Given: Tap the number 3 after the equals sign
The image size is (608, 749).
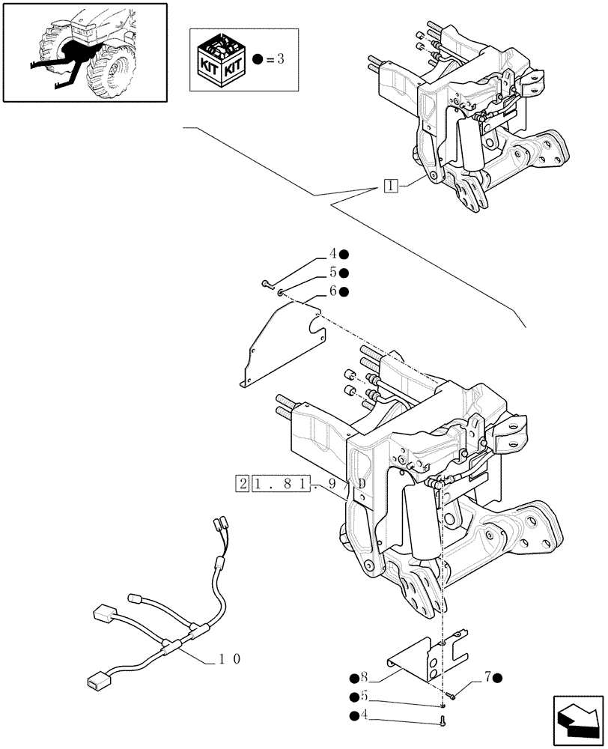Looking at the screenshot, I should point(280,59).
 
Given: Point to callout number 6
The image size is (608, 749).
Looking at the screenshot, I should point(332,291).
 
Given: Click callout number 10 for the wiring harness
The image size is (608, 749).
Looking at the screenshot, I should point(228,660).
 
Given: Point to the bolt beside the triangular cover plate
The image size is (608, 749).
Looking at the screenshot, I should point(266,284).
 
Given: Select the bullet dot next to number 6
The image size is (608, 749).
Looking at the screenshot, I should point(345,291).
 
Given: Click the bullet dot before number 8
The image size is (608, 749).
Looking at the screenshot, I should point(352,679).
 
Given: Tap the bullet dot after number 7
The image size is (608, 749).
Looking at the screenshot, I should point(499,678).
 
